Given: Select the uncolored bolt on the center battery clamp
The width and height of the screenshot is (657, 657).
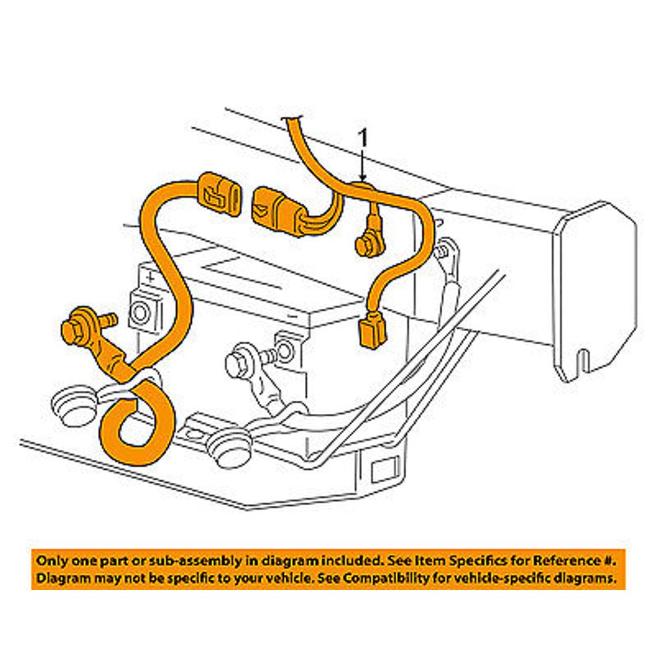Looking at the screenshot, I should pyautogui.click(x=237, y=363).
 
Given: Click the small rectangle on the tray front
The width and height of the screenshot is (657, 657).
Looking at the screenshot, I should pyautogui.click(x=381, y=470).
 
